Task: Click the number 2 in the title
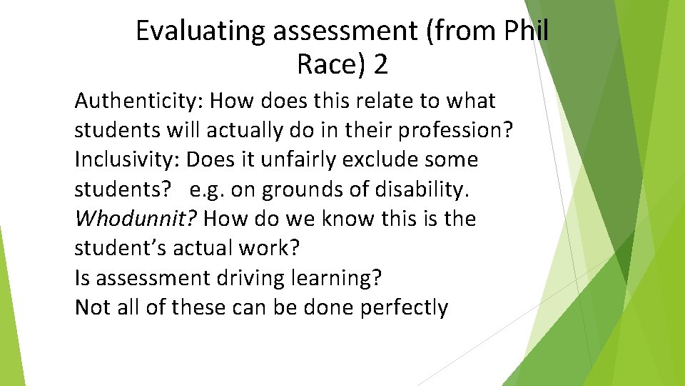381,66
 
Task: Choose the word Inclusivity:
127,160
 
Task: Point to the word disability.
432,190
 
